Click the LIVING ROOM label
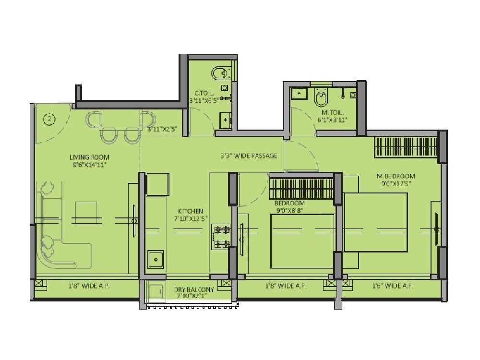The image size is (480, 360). coord(89,157)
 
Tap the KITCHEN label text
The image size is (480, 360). coord(191,211)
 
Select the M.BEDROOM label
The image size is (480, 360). coord(396,176)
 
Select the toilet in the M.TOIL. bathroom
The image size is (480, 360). coord(320,98)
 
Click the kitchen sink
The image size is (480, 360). coord(156,260)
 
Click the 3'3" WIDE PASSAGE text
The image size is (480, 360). coord(249,156)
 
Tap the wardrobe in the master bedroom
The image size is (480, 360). coord(406,147)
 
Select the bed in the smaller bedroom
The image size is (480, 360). coord(302,241)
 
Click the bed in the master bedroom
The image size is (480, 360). coord(376,222)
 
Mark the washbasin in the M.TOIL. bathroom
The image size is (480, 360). coord(300,92)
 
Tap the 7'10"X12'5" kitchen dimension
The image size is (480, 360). coord(191,219)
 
